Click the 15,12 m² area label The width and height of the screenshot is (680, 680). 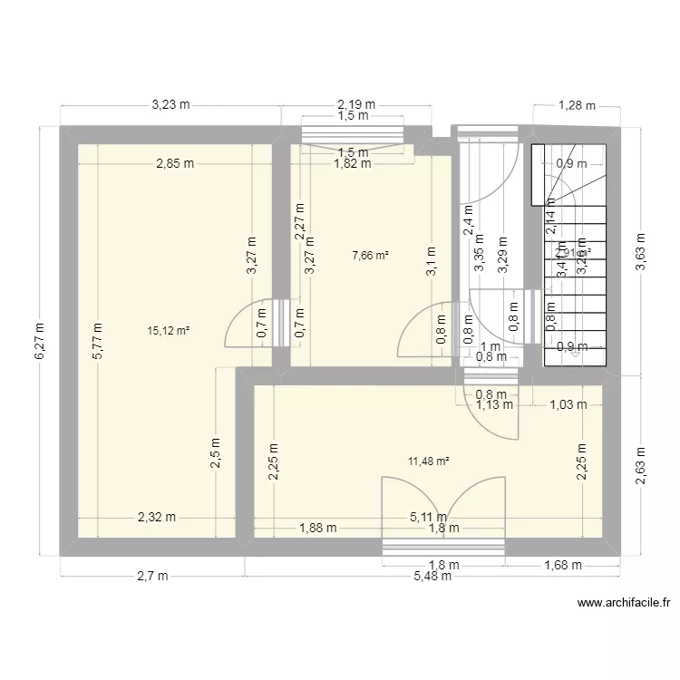pos(168,331)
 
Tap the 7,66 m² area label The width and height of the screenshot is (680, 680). pos(370,256)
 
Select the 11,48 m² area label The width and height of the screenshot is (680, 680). pos(429,461)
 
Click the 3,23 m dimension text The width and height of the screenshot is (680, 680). pos(170,104)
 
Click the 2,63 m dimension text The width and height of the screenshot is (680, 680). pos(642,465)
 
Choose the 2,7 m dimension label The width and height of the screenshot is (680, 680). pos(151,577)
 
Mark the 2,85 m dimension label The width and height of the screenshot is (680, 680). pos(175,164)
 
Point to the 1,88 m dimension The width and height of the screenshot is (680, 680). pos(318,528)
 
